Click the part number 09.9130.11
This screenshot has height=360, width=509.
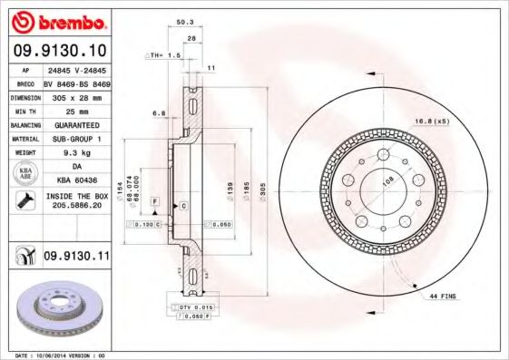point(74,257)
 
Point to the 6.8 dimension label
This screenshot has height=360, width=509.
point(159,113)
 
